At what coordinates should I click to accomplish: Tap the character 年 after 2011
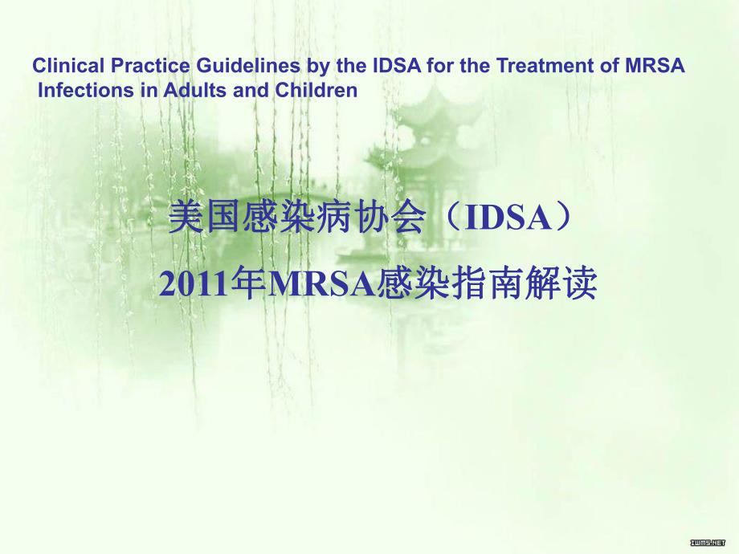(x=243, y=285)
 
